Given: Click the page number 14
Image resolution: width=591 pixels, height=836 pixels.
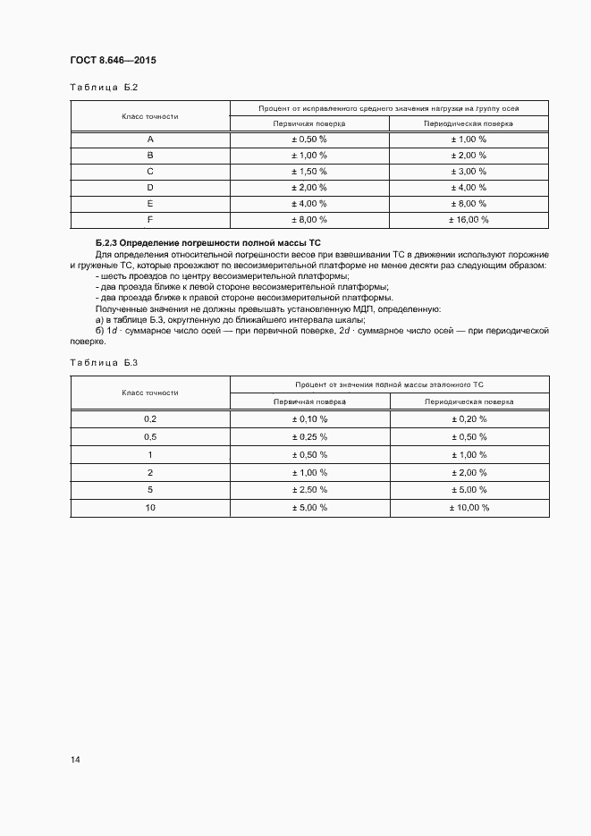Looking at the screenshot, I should [x=75, y=759].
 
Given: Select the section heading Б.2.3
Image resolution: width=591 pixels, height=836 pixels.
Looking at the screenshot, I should [x=207, y=243].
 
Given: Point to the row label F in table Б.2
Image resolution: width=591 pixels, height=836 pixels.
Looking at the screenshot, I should [x=150, y=219].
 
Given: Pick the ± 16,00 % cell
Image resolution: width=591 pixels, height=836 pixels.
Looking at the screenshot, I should [x=469, y=219].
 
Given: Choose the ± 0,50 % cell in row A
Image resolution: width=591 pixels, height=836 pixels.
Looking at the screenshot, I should [x=309, y=139].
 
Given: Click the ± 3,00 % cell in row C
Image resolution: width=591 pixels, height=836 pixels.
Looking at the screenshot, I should [x=469, y=171].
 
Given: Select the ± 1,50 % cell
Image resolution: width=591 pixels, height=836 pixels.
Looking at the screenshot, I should [x=309, y=171].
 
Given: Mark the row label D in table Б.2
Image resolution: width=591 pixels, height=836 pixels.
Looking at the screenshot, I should [x=150, y=187].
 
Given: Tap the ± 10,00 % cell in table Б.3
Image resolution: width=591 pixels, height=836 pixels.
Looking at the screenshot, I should [x=469, y=507].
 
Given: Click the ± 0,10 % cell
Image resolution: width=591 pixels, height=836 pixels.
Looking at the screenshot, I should [x=309, y=418].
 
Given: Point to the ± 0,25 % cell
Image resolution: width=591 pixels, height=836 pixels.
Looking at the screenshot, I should [x=309, y=436].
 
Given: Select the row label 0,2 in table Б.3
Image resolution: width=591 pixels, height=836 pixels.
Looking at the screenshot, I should [x=150, y=418].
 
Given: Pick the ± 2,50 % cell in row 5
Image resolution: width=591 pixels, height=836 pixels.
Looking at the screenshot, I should [x=309, y=489].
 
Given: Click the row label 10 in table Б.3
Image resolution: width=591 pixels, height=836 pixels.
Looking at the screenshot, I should [x=150, y=507].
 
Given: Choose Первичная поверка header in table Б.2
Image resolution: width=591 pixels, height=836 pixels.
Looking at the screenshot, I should [x=309, y=123].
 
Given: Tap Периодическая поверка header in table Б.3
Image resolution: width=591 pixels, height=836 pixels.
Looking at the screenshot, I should [x=469, y=402].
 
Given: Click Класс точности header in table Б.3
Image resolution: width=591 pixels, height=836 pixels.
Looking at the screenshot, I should [x=150, y=393].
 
